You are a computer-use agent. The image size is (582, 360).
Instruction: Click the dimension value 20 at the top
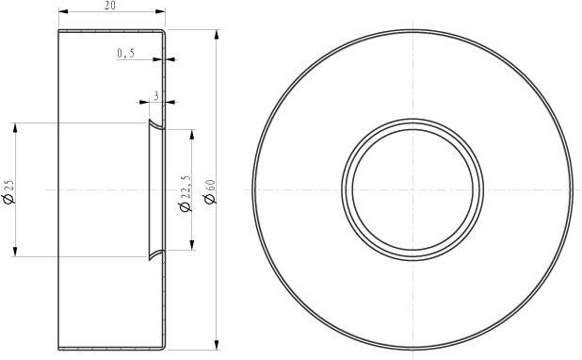click(110, 6)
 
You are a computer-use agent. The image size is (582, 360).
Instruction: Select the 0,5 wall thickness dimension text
click(126, 54)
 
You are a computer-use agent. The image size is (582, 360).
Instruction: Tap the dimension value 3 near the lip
click(154, 96)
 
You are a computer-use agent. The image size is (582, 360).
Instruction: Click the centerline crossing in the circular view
click(412, 189)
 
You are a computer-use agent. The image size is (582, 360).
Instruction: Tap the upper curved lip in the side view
click(154, 125)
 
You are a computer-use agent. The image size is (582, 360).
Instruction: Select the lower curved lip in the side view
click(154, 254)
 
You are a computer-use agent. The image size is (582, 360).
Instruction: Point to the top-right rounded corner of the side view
click(165, 32)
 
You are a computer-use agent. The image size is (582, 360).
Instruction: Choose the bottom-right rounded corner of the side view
click(165, 347)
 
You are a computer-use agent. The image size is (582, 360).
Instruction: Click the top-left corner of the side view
click(59, 30)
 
